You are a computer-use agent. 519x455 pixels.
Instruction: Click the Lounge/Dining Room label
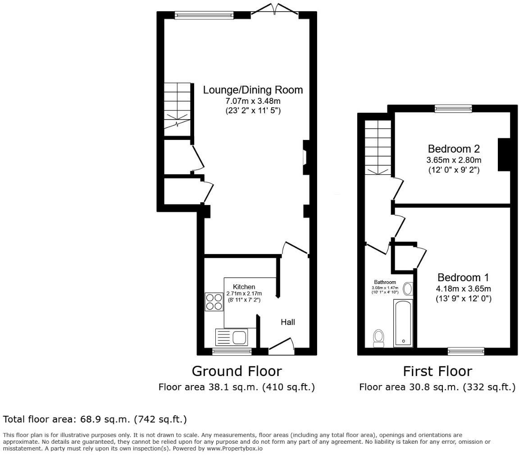click(253, 89)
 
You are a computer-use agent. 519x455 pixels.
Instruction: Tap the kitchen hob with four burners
click(214, 302)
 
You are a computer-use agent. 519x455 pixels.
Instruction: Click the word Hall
click(288, 322)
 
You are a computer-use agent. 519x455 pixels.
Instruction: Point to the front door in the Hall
click(281, 345)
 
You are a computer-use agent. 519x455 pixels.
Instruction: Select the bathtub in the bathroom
click(403, 323)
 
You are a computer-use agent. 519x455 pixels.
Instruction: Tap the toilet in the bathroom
click(378, 338)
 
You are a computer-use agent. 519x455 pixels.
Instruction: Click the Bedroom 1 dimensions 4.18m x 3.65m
click(463, 289)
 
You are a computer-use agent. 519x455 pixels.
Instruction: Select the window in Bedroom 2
click(453, 108)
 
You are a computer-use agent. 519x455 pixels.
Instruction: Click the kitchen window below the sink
click(232, 351)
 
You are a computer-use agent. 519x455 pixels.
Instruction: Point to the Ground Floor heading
click(237, 371)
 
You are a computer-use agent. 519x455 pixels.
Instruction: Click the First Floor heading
click(437, 371)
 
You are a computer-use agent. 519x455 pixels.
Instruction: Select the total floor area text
click(95, 419)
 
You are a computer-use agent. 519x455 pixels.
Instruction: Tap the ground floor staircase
click(177, 108)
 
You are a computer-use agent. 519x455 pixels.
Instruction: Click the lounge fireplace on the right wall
click(305, 158)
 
